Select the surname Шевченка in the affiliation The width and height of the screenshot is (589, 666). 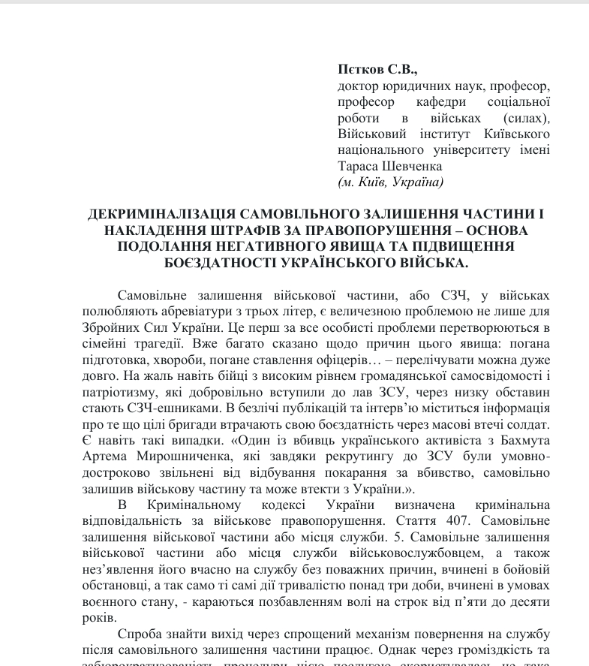pyautogui.click(x=407, y=167)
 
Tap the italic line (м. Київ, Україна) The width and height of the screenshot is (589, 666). pyautogui.click(x=391, y=182)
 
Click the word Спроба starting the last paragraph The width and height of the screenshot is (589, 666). pyautogui.click(x=140, y=635)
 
